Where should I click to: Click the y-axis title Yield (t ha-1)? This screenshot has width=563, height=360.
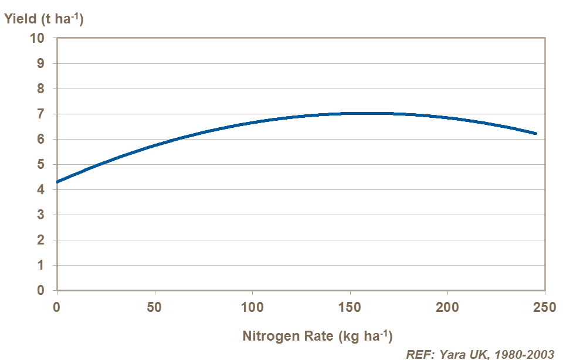pos(44,19)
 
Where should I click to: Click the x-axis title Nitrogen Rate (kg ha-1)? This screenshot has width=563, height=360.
pos(317,337)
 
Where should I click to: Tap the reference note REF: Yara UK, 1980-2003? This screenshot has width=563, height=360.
pos(480,354)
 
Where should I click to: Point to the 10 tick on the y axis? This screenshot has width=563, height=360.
pos(37,38)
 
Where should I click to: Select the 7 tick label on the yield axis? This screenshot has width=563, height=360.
pos(40,114)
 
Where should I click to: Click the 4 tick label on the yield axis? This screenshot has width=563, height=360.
pos(40,189)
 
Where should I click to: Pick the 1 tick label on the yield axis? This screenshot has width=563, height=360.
pos(40,266)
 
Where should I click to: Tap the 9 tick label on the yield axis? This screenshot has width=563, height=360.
pos(40,63)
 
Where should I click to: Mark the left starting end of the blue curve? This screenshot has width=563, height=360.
pos(57,182)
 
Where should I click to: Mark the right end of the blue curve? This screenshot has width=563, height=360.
pos(535,134)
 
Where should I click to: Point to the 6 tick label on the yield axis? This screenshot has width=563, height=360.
pos(40,139)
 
